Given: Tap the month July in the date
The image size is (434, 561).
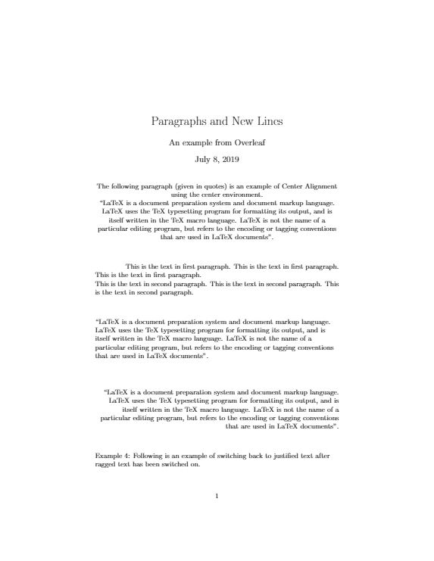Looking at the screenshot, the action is coord(203,160).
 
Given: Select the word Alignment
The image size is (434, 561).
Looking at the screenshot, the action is coord(320,185).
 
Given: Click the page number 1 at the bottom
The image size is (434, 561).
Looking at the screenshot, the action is coord(217,497).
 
